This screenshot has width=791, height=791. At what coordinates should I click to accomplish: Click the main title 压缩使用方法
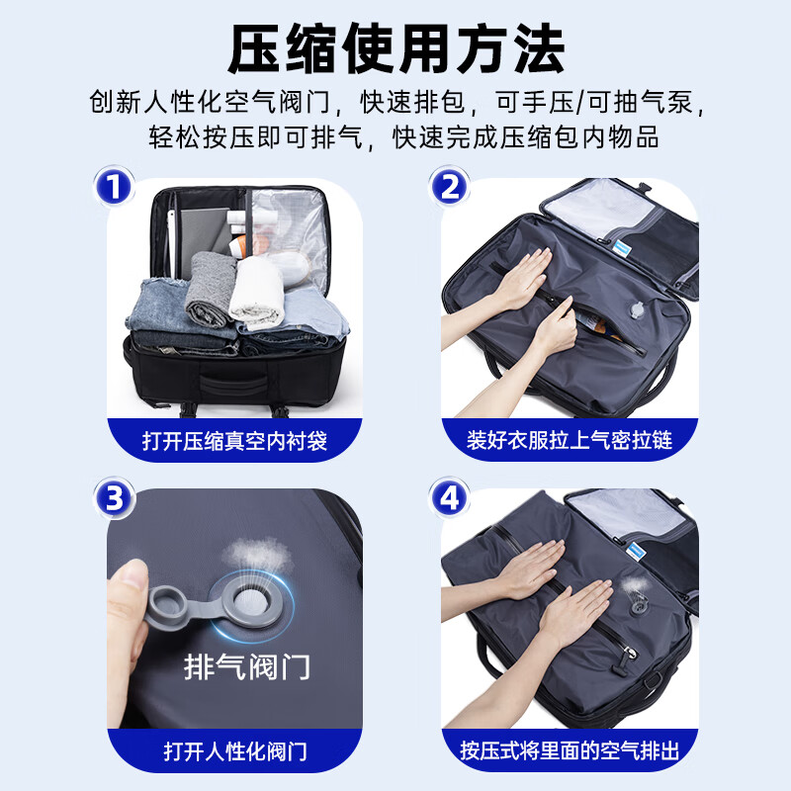tap(396, 48)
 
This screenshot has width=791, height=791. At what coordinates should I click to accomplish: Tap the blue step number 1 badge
tap(114, 186)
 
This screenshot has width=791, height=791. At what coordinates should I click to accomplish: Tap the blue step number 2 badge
tap(449, 186)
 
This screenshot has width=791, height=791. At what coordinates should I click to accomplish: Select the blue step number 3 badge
tap(114, 497)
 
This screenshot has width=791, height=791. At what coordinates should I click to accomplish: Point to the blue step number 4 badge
tap(449, 497)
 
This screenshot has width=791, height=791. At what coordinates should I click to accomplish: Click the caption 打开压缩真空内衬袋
tap(234, 441)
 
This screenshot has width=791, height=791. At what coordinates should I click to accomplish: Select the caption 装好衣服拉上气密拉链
tap(570, 440)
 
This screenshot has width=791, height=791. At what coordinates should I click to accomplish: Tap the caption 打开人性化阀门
tap(235, 751)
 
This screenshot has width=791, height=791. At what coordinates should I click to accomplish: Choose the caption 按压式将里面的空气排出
tap(570, 750)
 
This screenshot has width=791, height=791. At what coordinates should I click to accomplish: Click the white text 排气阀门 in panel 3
tap(246, 666)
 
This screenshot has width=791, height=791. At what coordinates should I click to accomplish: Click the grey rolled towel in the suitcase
tap(210, 288)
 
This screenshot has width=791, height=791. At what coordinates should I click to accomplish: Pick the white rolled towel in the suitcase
tap(257, 293)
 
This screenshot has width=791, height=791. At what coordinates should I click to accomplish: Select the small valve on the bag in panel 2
tap(637, 309)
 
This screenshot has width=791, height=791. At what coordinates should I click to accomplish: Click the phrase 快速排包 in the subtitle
tap(412, 102)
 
